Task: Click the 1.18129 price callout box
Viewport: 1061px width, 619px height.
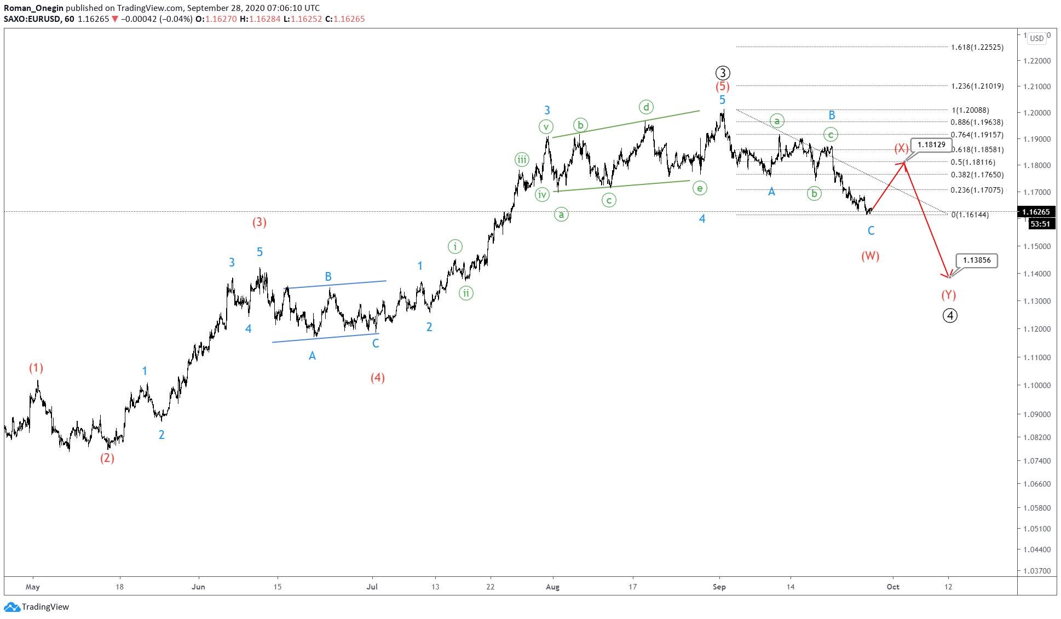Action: click(x=931, y=145)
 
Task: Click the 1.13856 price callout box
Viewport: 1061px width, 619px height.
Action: click(x=977, y=261)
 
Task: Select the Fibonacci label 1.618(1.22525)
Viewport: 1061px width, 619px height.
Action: click(x=977, y=47)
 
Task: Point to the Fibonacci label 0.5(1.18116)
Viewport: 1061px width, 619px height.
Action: click(x=973, y=162)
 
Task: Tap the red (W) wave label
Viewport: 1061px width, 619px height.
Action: click(x=870, y=256)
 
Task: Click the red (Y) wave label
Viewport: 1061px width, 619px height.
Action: click(x=948, y=295)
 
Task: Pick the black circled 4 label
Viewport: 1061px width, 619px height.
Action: click(x=950, y=316)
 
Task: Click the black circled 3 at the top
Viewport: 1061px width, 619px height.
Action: click(x=722, y=73)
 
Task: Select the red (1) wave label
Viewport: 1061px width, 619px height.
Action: click(x=36, y=368)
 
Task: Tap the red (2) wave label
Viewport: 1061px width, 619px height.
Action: click(x=107, y=458)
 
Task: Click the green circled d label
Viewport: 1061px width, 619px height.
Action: click(x=646, y=107)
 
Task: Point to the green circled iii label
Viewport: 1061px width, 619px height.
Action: click(x=522, y=160)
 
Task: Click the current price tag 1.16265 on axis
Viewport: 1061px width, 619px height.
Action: click(x=1036, y=212)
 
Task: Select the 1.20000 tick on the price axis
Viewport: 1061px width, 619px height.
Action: click(x=1037, y=113)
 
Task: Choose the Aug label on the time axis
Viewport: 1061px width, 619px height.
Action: click(x=552, y=587)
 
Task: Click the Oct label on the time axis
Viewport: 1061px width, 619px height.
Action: click(x=892, y=587)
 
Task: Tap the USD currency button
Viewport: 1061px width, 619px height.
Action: click(x=1036, y=38)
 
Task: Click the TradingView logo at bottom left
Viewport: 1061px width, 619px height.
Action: click(x=37, y=606)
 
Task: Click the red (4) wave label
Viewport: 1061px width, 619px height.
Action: click(x=377, y=378)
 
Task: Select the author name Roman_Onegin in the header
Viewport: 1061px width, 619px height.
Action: click(x=34, y=8)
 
